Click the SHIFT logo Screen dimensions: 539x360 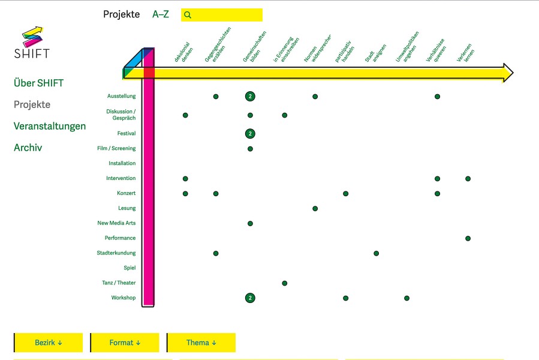coord(32,43)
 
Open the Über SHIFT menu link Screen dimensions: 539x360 coord(38,83)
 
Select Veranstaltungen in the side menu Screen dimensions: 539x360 coord(50,127)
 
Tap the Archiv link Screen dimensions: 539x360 coord(28,148)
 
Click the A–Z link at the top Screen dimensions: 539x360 coord(161,14)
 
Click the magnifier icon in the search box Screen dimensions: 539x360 coord(187,15)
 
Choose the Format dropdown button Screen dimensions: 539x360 coord(125,343)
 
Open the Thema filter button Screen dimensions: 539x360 coord(201,343)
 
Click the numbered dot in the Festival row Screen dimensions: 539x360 coord(250,134)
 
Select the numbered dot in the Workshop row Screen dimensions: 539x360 coord(250,298)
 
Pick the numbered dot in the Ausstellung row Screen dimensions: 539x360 coord(250,97)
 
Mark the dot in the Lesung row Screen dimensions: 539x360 coord(315,209)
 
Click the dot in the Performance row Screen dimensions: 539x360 coord(468,238)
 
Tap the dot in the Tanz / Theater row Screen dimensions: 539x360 coord(285,283)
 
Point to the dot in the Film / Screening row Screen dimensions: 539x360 coord(250,149)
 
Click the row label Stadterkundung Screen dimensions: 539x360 coord(116,253)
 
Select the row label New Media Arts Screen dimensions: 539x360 coord(116,223)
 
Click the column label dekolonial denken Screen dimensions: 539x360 coord(183,52)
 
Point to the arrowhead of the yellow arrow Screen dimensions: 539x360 coord(508,73)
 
